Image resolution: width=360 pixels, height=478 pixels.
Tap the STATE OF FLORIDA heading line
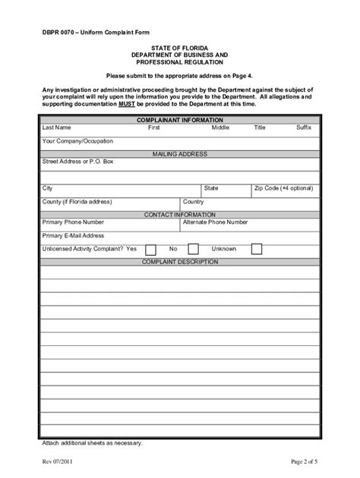pyautogui.click(x=180, y=48)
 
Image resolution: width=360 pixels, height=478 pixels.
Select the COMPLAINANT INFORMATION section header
pyautogui.click(x=179, y=120)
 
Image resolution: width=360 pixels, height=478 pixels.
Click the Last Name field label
pyautogui.click(x=57, y=127)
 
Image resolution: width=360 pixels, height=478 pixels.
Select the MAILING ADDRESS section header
pyautogui.click(x=180, y=153)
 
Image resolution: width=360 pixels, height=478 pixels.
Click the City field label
pyautogui.click(x=48, y=187)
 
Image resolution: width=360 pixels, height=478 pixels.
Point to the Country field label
pyautogui.click(x=193, y=201)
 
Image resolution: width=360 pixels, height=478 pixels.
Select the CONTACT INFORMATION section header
pyautogui.click(x=180, y=214)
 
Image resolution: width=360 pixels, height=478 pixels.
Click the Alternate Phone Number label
pyautogui.click(x=216, y=222)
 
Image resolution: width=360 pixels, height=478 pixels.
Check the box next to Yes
pyautogui.click(x=150, y=249)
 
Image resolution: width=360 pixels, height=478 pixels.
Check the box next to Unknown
pyautogui.click(x=257, y=249)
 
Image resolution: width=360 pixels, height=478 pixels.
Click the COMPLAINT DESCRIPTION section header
pyautogui.click(x=180, y=262)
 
